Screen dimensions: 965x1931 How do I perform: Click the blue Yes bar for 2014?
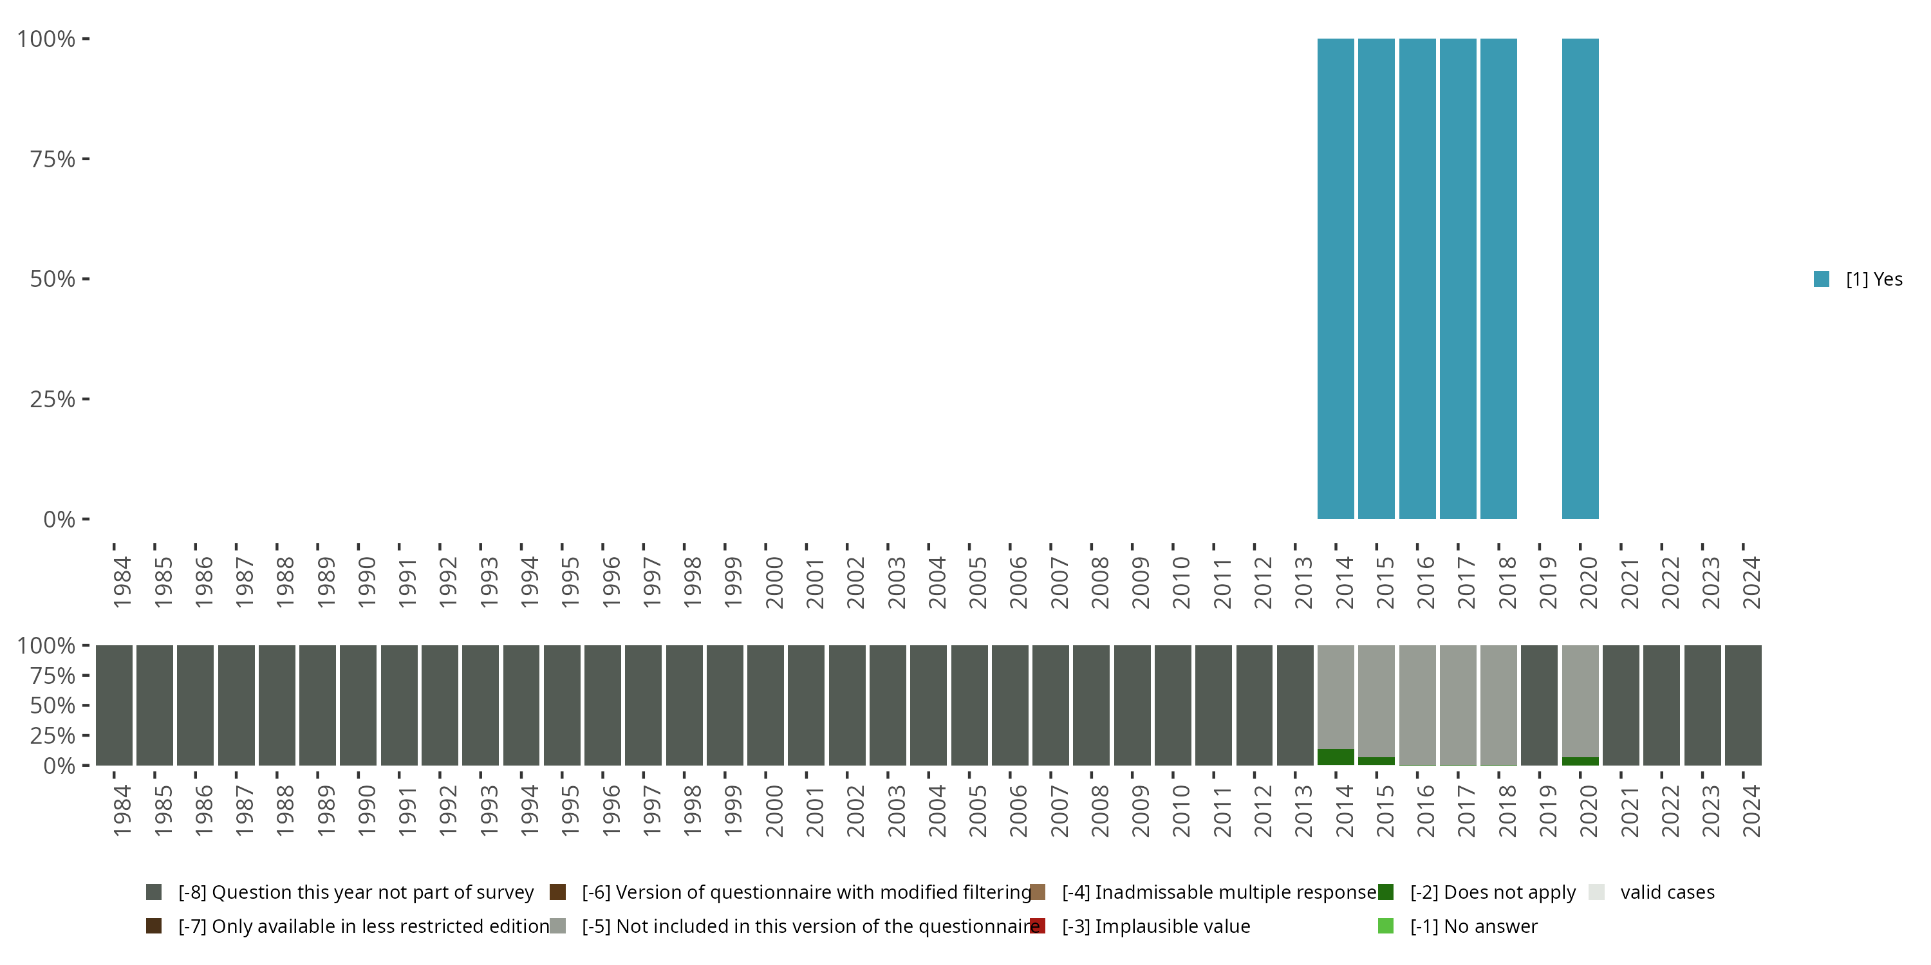pos(1336,279)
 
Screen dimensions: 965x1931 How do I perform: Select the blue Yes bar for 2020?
pos(1580,279)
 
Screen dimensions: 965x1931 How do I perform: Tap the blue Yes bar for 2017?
pos(1458,279)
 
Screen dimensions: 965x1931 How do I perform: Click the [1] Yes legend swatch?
pos(1822,279)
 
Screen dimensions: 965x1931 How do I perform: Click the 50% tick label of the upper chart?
pos(53,279)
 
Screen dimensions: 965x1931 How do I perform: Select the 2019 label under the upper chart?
pos(1547,582)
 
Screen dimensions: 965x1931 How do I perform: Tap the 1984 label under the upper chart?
pos(122,582)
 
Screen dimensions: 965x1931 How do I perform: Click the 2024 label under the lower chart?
pos(1750,811)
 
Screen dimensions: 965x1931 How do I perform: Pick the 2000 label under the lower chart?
pos(774,811)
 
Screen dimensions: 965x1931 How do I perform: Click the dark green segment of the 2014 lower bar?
pos(1336,757)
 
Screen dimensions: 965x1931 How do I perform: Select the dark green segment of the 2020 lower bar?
pos(1580,760)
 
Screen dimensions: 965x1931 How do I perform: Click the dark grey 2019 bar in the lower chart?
pos(1539,704)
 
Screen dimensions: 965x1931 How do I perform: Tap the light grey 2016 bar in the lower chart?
pos(1417,704)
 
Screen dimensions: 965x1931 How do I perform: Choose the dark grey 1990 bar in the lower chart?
pos(359,704)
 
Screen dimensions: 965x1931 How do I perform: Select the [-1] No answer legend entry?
pos(1473,926)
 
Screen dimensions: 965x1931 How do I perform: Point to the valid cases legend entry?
pos(1666,892)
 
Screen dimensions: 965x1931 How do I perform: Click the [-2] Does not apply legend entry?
pos(1492,892)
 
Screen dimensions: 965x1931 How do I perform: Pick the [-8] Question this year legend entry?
pos(355,892)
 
